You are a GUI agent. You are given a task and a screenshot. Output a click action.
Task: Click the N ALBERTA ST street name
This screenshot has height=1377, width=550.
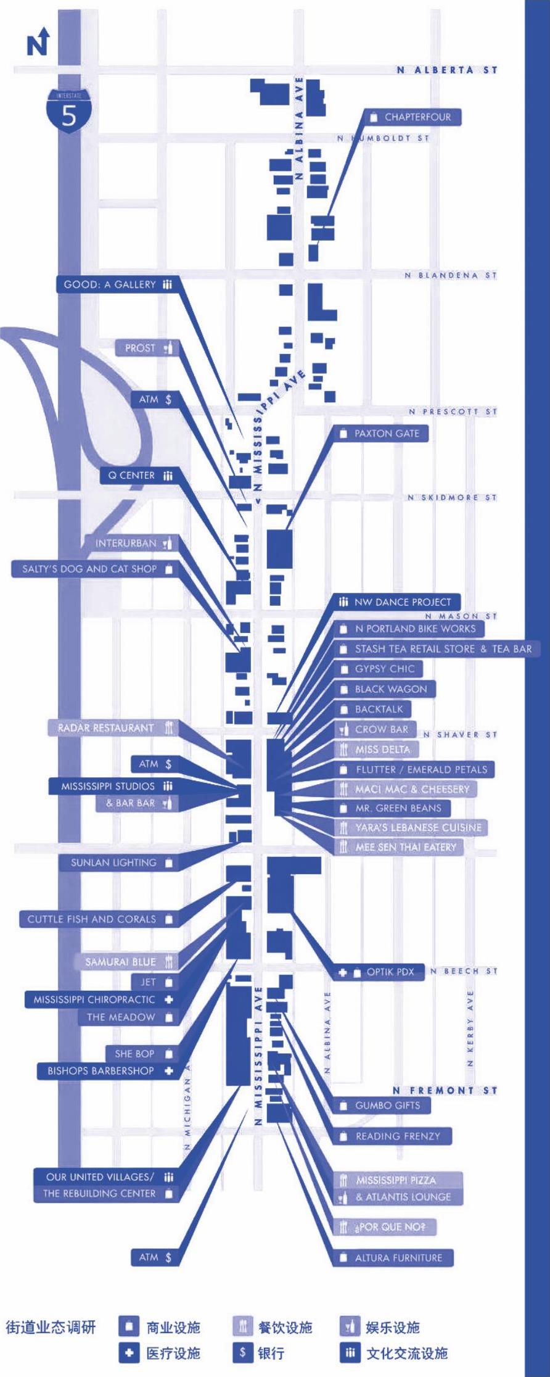click(447, 70)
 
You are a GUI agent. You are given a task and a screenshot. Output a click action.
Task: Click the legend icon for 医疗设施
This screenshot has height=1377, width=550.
click(128, 1354)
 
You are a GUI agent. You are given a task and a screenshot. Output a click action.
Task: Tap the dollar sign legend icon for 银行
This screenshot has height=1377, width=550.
click(242, 1354)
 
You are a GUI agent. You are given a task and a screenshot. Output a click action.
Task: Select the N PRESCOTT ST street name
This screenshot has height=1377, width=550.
click(452, 411)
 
